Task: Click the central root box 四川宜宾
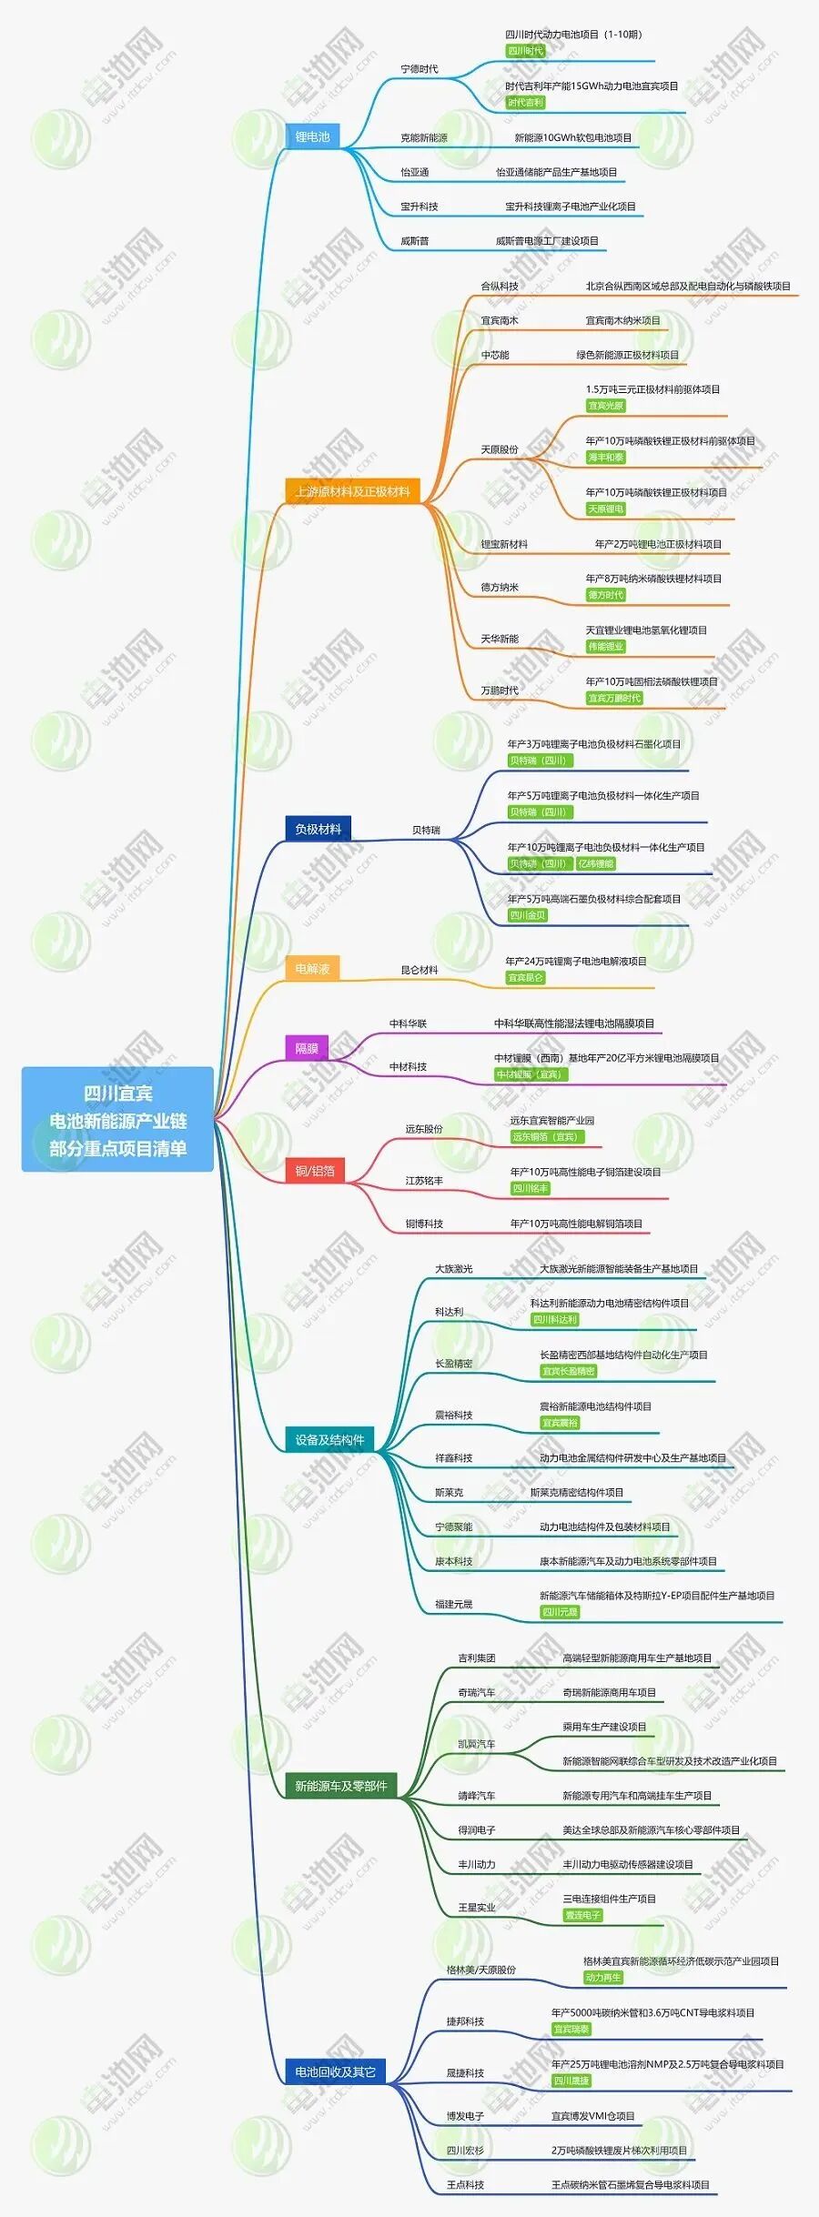coord(117,1119)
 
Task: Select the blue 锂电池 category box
coord(312,137)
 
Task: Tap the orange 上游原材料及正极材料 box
coord(352,492)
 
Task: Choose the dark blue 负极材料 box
coord(318,829)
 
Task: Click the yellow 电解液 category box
coord(312,969)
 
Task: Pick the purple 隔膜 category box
coord(307,1048)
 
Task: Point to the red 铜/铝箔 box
coord(315,1171)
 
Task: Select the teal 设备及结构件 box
coord(329,1439)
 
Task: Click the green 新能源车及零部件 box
coord(340,1786)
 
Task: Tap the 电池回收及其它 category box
coord(335,2071)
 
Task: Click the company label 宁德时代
coord(420,69)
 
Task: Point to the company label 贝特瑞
coord(426,831)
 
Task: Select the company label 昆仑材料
coord(420,971)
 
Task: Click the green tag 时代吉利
coord(526,103)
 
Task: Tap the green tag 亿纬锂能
coord(596,863)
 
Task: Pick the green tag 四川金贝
coord(528,915)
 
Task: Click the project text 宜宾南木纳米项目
coord(622,321)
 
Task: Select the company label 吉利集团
coord(477,1658)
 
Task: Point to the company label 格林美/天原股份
coord(480,1970)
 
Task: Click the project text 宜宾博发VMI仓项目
coord(592,2116)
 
